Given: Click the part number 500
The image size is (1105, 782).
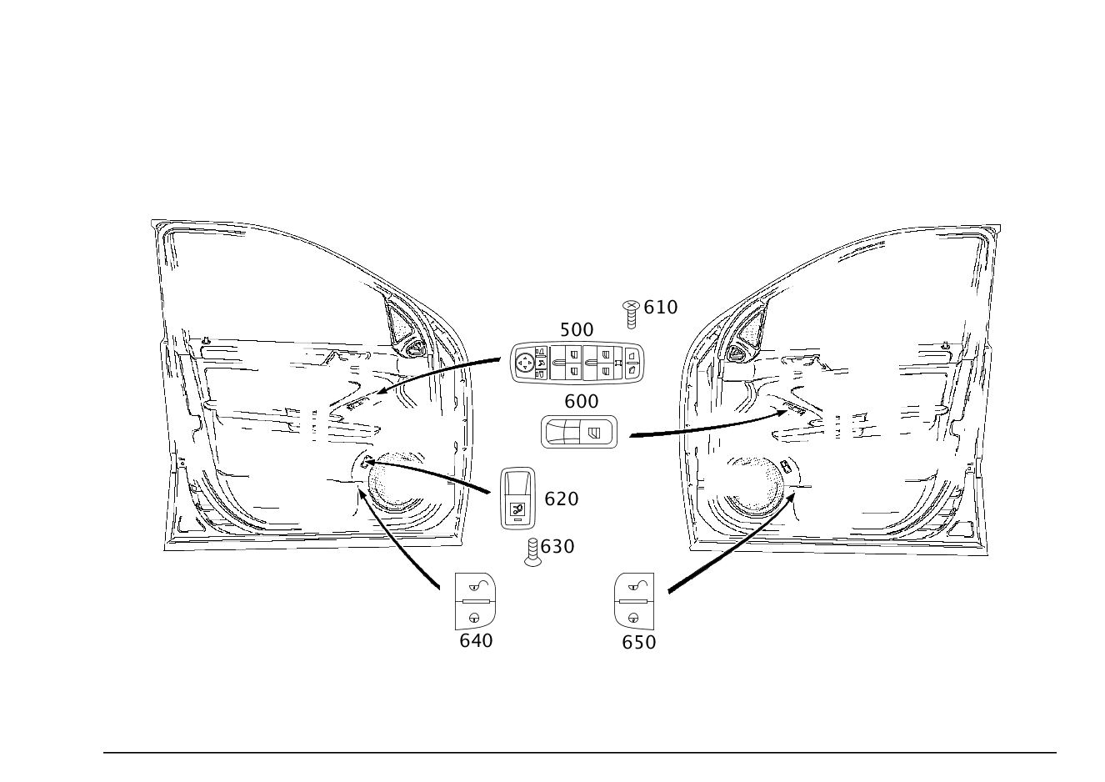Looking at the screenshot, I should pos(576,330).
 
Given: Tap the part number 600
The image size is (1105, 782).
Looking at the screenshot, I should pos(581,402).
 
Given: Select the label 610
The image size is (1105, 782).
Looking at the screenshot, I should pos(661,308).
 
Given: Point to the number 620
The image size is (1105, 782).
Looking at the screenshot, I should pos(561,499).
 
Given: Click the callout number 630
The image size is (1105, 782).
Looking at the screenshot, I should pos(557,547).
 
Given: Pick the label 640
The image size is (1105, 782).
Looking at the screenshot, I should pos(476,641).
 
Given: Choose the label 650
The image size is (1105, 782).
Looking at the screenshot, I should pos(638,643).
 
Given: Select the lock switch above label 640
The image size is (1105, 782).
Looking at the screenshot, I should pos(476,601).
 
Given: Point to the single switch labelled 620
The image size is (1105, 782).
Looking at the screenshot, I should pos(517,498).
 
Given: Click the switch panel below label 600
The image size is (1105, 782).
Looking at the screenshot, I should pos(579,432).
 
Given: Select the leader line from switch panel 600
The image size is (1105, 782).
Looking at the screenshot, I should pos(708,428).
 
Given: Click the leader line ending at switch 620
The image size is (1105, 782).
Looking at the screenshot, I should pos(442,476).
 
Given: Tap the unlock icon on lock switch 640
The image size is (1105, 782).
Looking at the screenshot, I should pos(477,585).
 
